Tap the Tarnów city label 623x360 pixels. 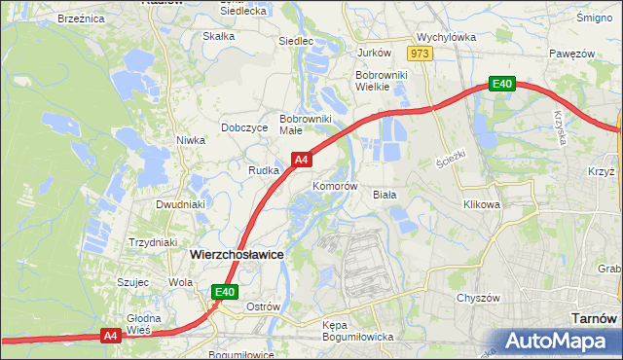(x=592, y=318)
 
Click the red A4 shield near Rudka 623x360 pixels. (x=302, y=159)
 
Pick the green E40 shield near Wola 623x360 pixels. (x=225, y=291)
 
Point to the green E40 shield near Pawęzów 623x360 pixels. (x=501, y=85)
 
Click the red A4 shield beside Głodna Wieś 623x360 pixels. (x=111, y=336)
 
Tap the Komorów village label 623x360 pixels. (x=336, y=185)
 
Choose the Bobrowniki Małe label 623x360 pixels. (x=306, y=125)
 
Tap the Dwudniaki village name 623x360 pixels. (x=180, y=205)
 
